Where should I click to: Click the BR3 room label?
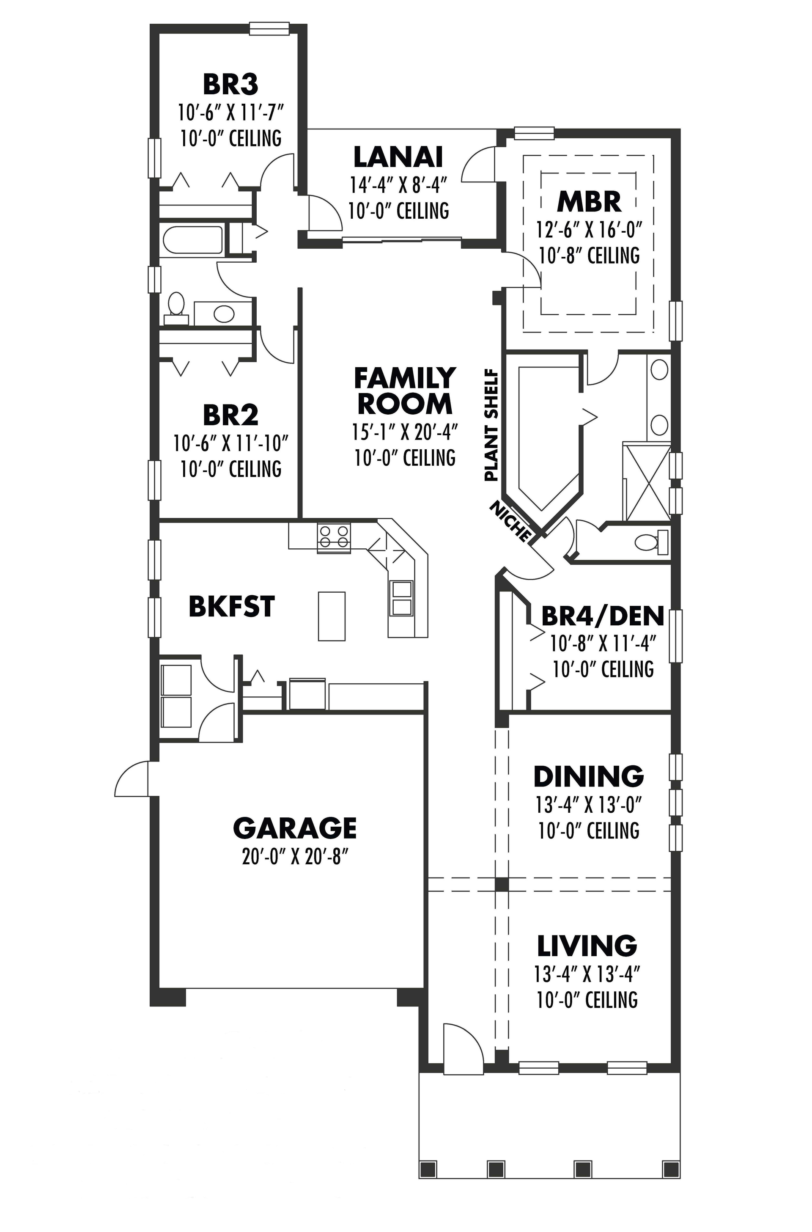230,85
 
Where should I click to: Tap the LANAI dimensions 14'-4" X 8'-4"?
398,184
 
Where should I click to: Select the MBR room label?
589,202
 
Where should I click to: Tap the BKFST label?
231,607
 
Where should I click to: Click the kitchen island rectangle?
332,616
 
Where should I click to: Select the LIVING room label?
587,946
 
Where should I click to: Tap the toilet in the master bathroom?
648,542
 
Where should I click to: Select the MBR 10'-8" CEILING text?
589,256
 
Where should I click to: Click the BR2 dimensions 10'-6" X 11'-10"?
230,443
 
